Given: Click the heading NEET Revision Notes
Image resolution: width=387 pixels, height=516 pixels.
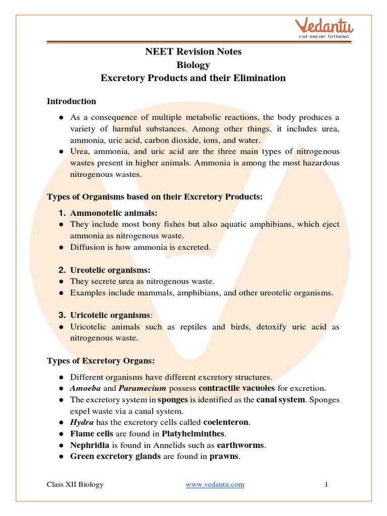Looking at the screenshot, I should point(193,51).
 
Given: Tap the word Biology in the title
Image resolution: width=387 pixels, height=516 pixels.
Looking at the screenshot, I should point(193,64).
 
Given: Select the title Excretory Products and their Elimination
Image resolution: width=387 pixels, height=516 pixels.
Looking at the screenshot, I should point(193,78).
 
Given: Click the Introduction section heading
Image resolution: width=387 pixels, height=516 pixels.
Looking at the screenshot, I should point(72,101).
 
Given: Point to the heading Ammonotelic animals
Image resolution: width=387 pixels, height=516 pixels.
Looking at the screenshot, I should point(114,213).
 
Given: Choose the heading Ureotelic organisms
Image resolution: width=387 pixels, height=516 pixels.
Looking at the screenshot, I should point(110,270).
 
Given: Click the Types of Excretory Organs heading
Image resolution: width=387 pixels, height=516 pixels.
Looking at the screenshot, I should point(101,361).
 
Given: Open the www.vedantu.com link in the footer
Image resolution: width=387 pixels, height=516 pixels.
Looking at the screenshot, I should point(215,485).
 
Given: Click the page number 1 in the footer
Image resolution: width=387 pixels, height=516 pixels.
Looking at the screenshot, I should point(327,485).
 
